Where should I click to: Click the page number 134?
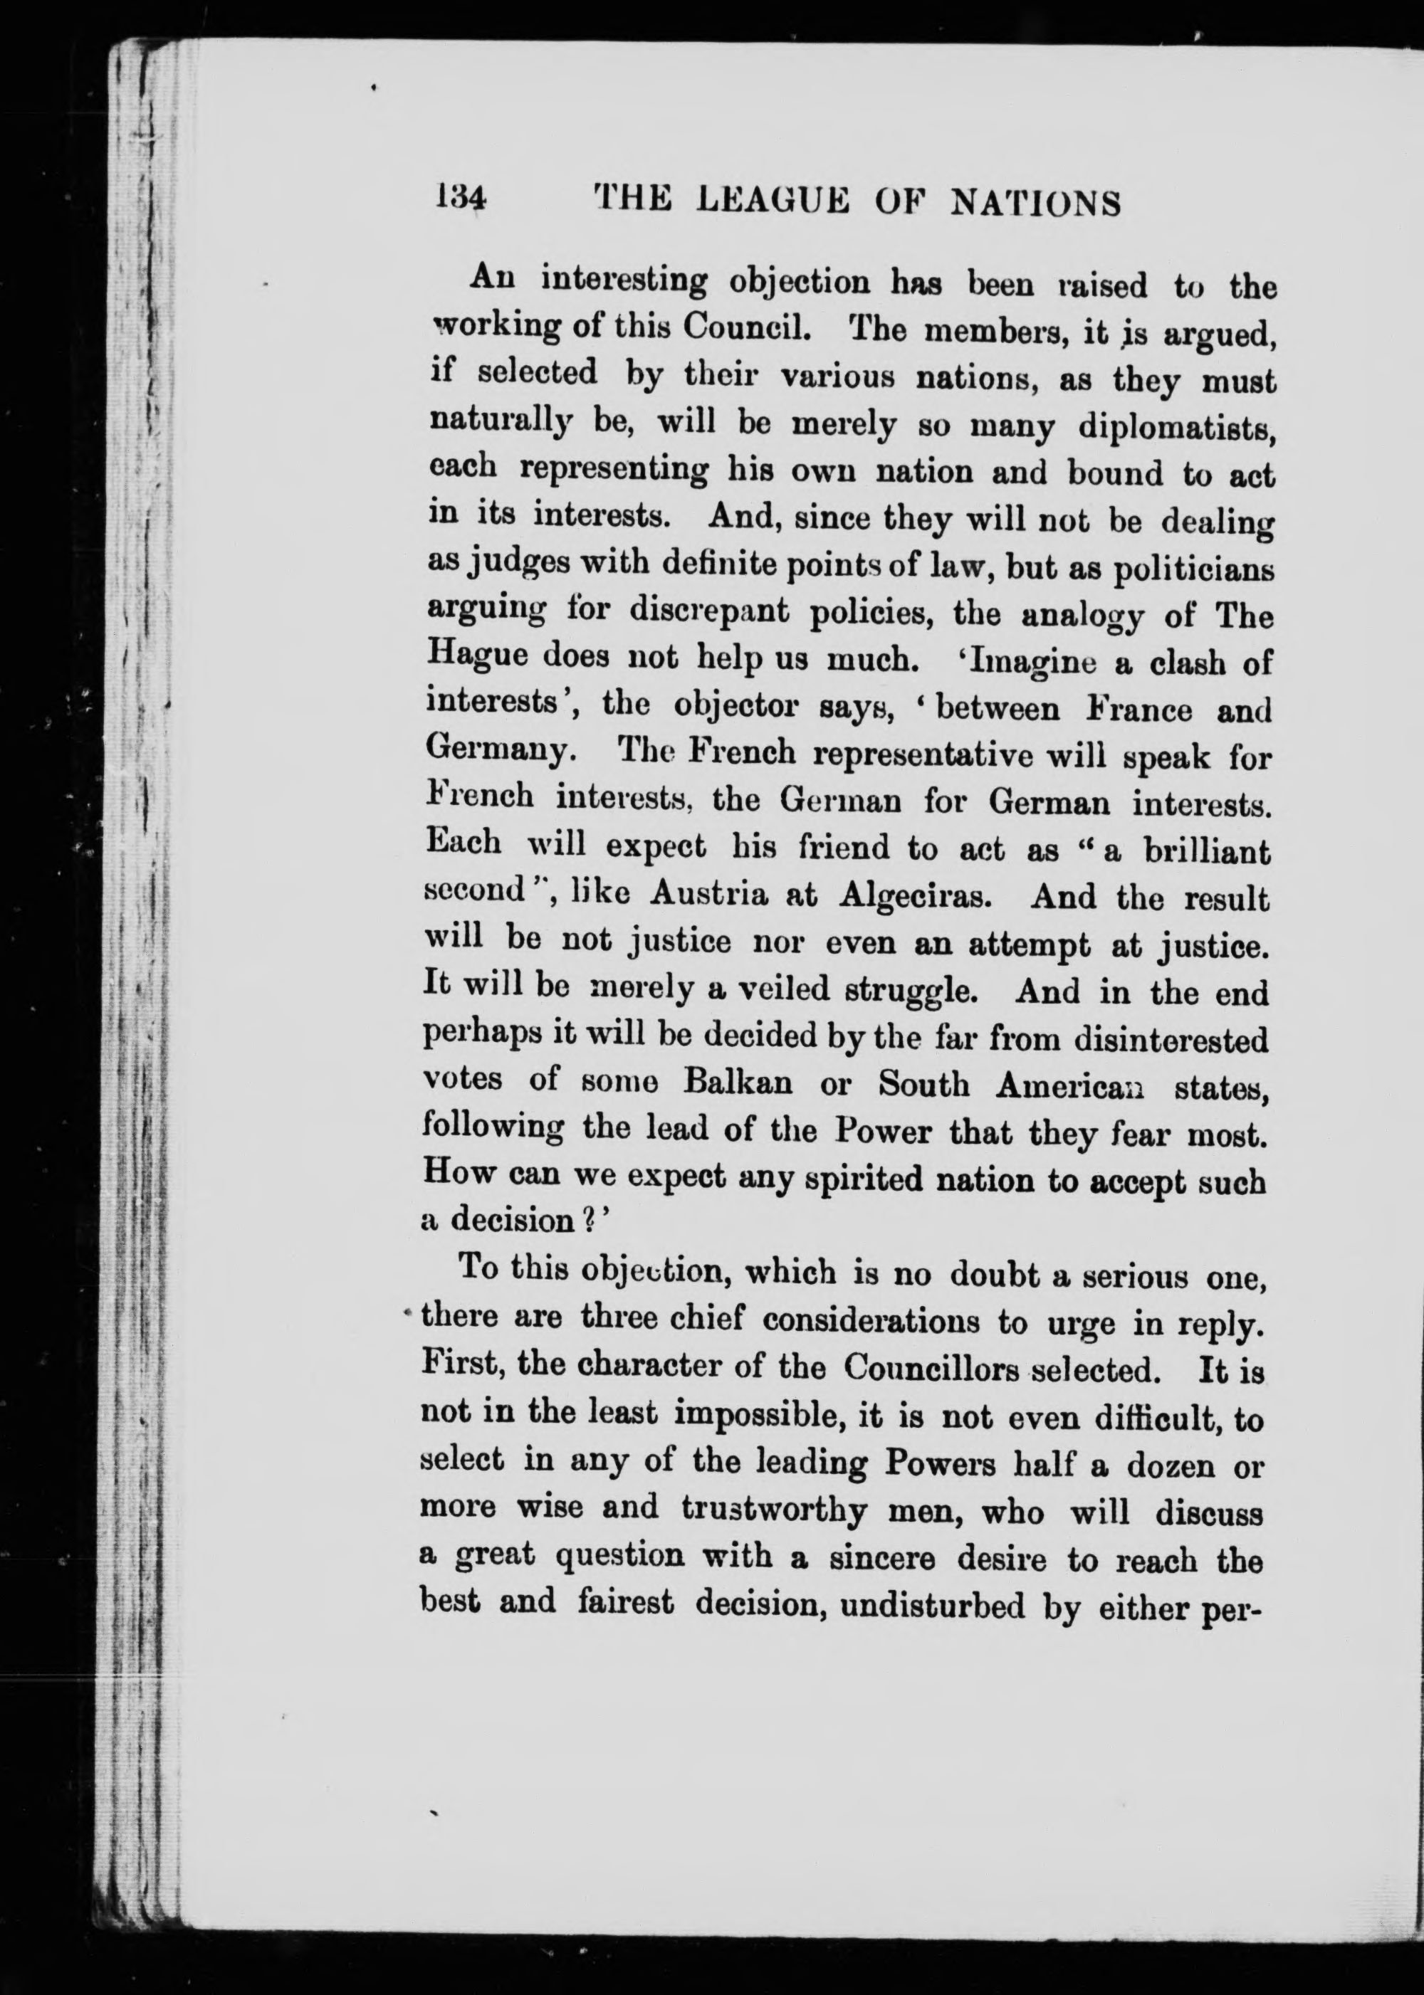coord(459,200)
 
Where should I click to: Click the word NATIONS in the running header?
coord(1037,204)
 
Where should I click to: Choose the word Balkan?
coord(738,1083)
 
